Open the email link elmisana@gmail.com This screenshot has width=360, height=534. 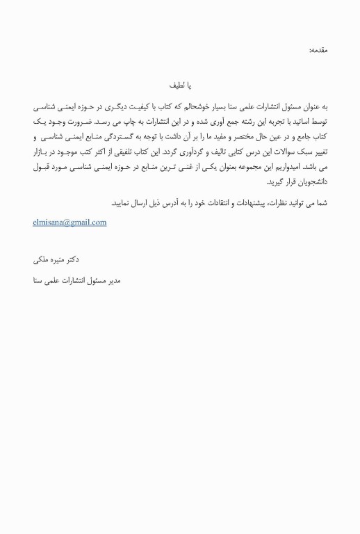69,222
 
